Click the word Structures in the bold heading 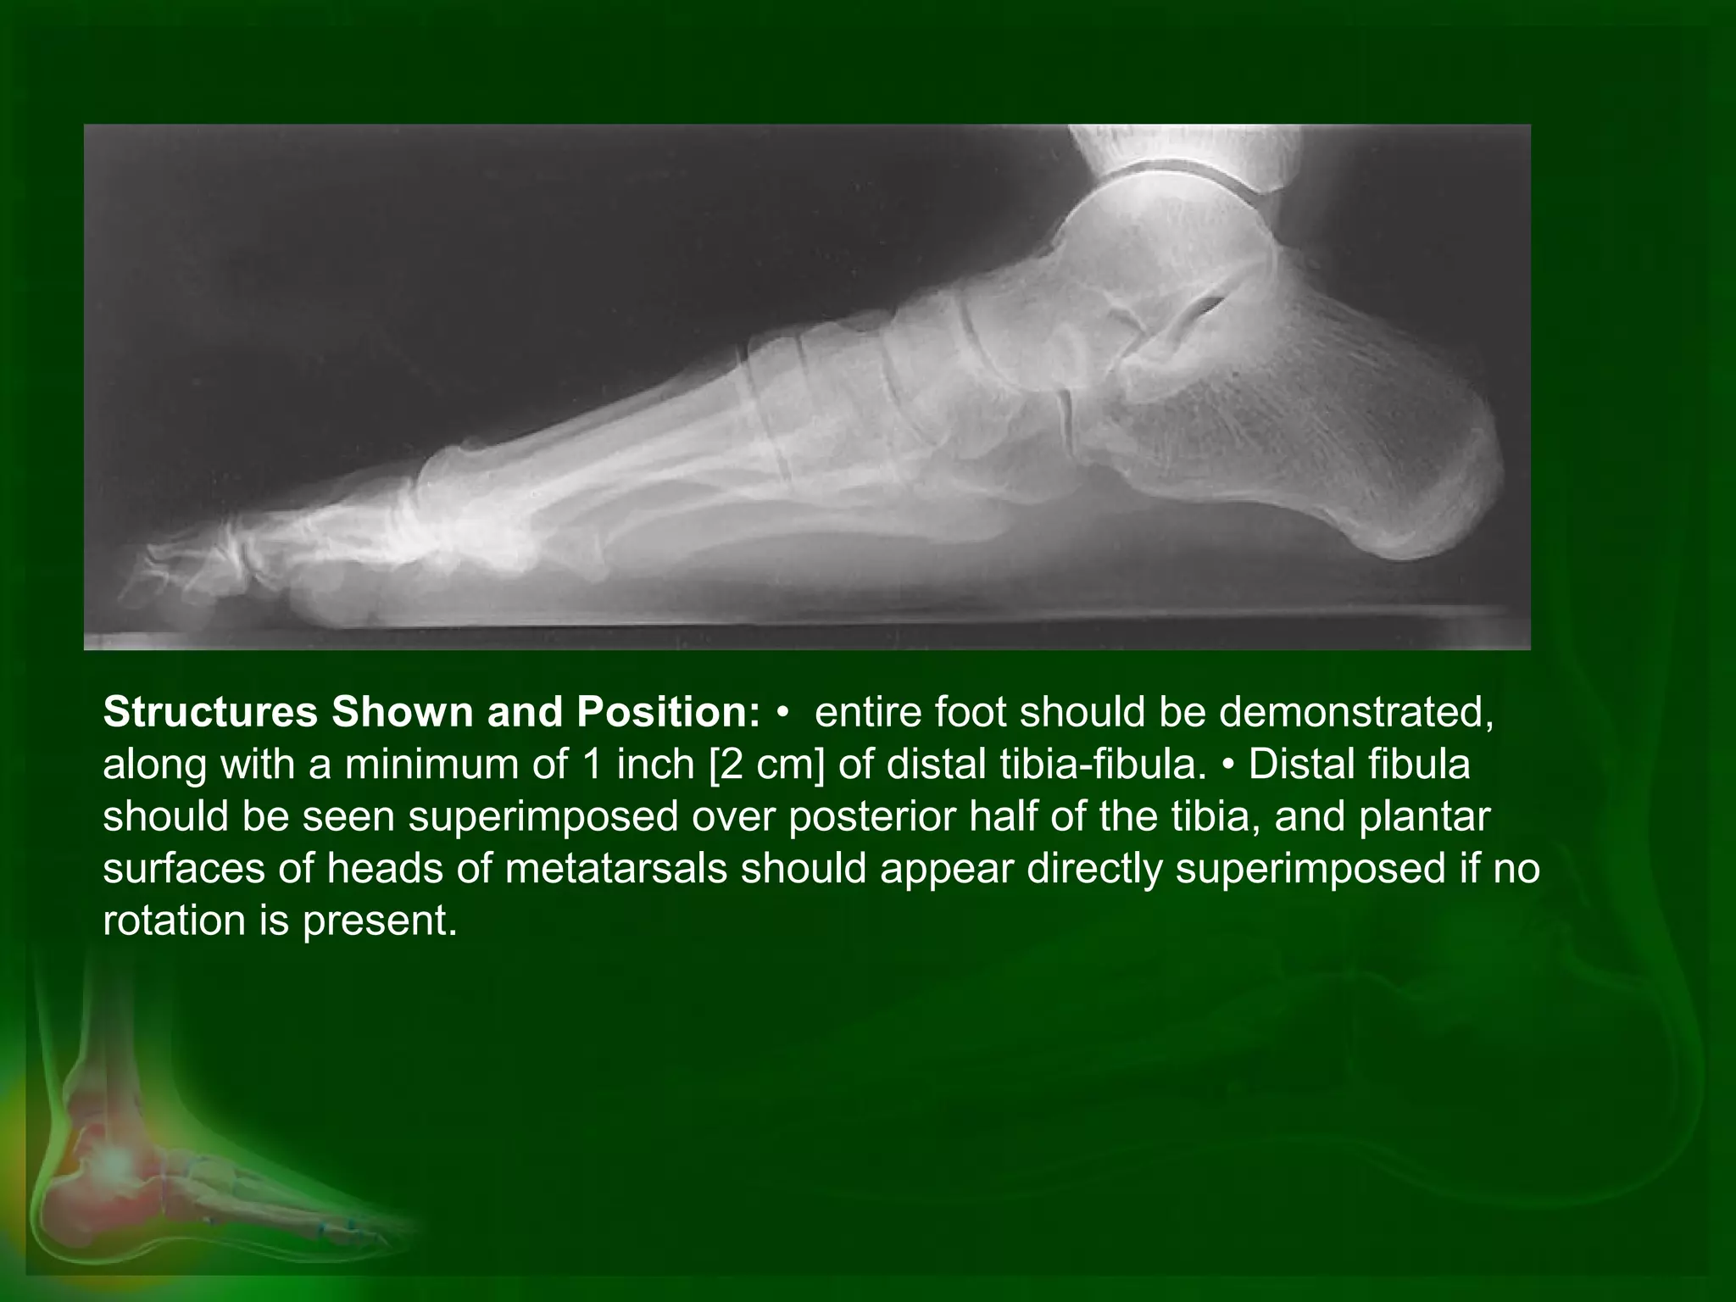(x=210, y=713)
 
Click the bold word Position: (x=669, y=713)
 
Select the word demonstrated (x=1355, y=713)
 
